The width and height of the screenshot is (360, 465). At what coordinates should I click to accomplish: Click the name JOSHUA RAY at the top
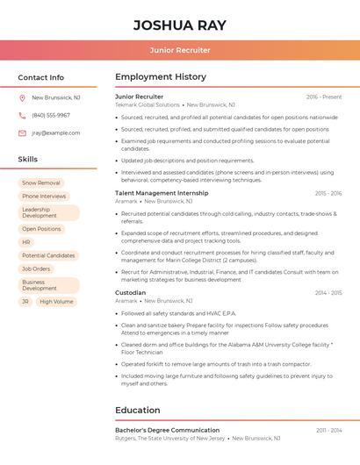[x=179, y=25]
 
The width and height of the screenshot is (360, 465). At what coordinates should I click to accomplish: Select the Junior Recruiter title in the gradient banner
[x=179, y=50]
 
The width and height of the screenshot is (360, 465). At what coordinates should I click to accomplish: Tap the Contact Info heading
[x=40, y=77]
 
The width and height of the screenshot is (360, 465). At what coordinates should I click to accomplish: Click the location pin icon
[x=22, y=98]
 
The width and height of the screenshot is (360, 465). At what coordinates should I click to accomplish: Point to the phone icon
[x=22, y=116]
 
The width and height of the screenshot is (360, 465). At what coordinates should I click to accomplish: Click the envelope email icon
[x=22, y=133]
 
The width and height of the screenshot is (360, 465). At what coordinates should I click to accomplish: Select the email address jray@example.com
[x=55, y=133]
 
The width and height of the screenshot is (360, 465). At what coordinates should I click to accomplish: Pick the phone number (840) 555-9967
[x=51, y=116]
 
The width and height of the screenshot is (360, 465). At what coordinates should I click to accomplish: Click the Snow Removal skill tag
[x=41, y=183]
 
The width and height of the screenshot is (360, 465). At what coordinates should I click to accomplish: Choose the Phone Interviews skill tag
[x=44, y=197]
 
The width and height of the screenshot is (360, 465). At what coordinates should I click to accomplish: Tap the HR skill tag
[x=26, y=242]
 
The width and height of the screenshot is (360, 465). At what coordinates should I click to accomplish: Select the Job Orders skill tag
[x=36, y=269]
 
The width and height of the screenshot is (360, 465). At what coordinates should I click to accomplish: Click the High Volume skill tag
[x=56, y=302]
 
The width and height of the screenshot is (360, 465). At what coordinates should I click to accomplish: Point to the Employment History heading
[x=161, y=77]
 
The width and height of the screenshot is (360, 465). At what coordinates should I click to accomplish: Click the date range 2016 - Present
[x=324, y=97]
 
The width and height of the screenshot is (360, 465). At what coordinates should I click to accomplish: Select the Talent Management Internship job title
[x=162, y=193]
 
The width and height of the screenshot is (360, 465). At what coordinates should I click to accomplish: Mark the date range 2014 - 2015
[x=328, y=293]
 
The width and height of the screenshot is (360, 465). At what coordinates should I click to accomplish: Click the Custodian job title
[x=131, y=293]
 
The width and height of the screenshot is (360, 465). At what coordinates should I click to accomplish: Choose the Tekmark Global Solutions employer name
[x=148, y=104]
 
